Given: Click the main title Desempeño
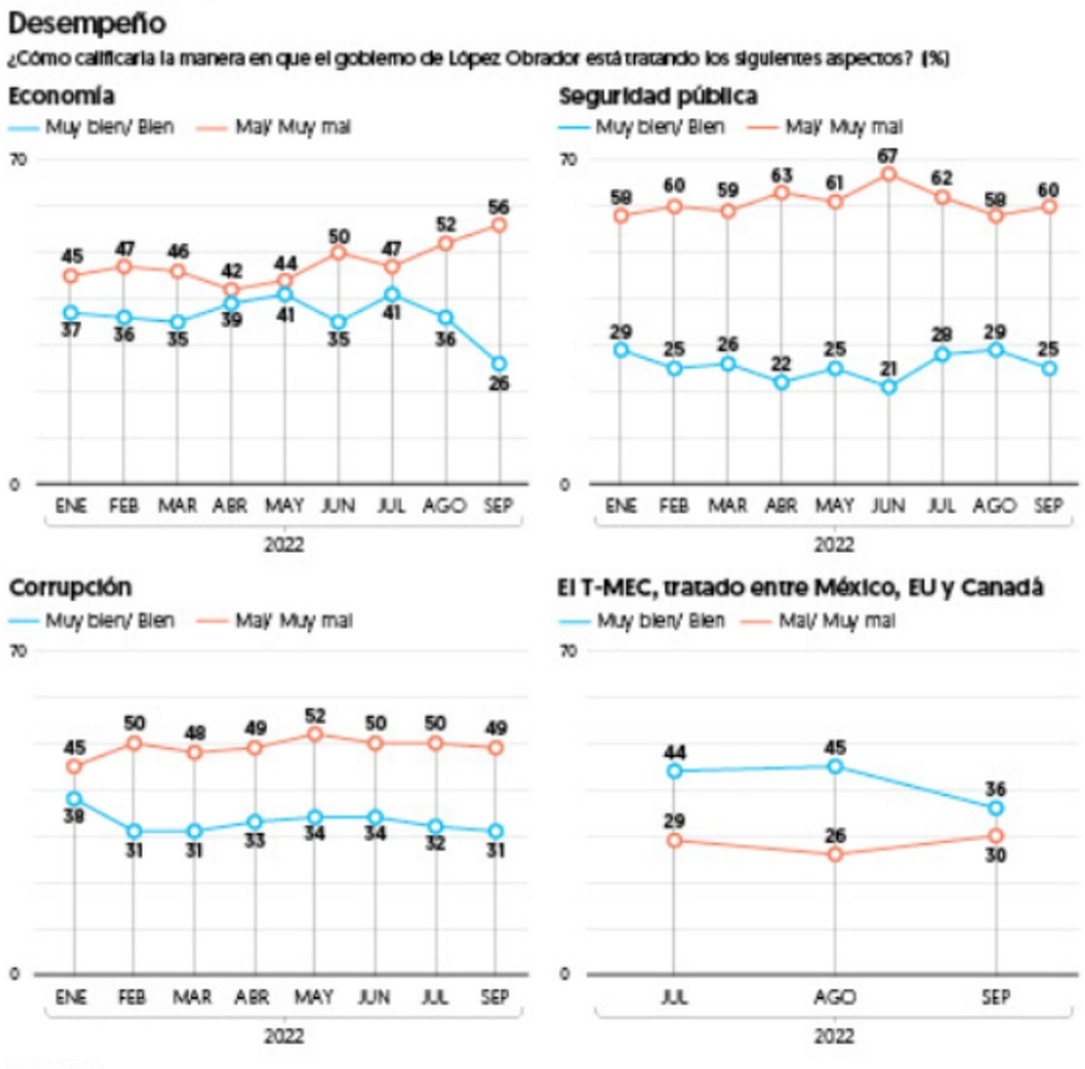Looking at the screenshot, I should pos(87,23).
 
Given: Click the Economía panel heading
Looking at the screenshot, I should pos(62,96).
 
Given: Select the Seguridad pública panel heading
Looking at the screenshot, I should pos(658,96).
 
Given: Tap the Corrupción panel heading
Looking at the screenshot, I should pos(70,587).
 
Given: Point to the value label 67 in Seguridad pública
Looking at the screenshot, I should pos(888,156).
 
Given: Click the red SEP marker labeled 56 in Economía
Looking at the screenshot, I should pos(499,225).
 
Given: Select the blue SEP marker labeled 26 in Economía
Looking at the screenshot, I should pos(499,364).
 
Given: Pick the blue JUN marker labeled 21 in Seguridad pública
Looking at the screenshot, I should pos(889,386).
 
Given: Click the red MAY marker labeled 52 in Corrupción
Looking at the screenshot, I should pos(315,734).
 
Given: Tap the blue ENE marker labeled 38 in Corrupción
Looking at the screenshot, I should pos(74,799).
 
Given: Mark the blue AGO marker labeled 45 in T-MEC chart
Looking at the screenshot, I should pos(835,766).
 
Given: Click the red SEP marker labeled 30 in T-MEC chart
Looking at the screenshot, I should pos(996,835).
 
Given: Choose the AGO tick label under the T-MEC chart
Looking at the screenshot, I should pos(835,997).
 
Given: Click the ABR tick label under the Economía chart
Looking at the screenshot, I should pos(230,505).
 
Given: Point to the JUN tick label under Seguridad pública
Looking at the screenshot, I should pos(888,505).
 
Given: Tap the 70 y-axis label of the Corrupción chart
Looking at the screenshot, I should pos(17,651).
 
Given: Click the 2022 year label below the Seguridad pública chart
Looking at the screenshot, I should pos(834,544).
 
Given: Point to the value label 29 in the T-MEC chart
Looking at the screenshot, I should pos(674,821).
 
